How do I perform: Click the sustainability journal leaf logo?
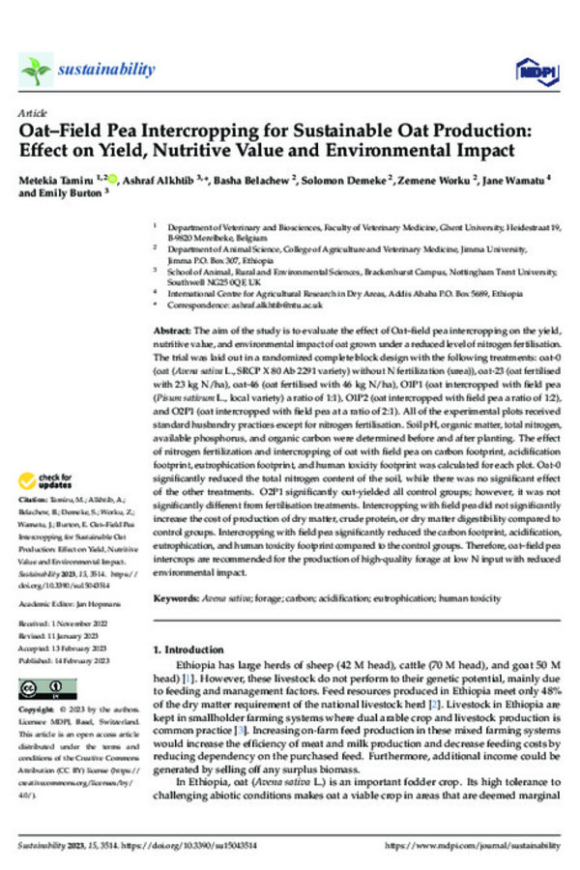[x=36, y=69]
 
